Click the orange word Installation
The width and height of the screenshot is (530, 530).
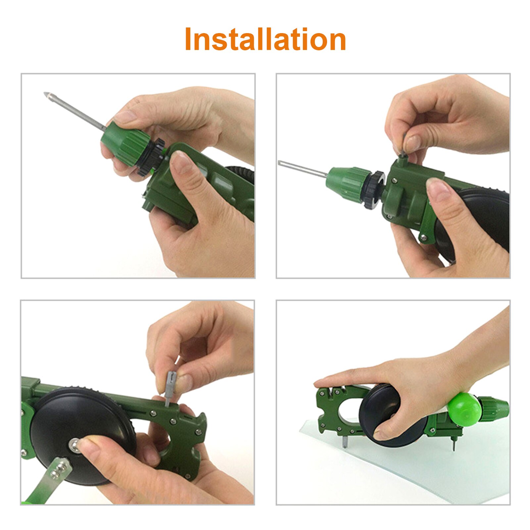click(x=265, y=39)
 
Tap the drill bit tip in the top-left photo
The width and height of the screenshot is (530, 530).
click(x=47, y=95)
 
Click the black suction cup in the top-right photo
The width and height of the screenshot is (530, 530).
click(x=487, y=215)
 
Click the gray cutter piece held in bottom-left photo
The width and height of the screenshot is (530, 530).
click(x=170, y=384)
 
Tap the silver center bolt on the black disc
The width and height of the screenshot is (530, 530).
click(x=75, y=445)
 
